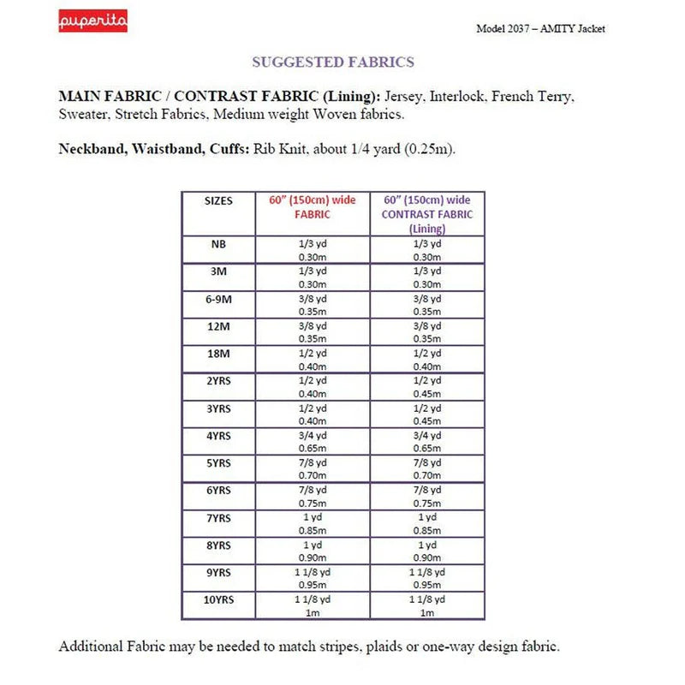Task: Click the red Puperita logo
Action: tap(93, 21)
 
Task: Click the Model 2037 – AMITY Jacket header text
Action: tap(540, 28)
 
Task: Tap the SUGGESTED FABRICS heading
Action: tap(333, 62)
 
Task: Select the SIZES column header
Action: tap(218, 200)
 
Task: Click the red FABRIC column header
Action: tap(312, 207)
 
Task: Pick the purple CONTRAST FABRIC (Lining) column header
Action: tap(427, 214)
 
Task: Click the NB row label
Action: tap(218, 244)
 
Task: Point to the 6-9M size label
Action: tap(218, 299)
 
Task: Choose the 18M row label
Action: tap(218, 353)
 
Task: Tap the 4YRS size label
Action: tap(218, 435)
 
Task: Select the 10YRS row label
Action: tap(218, 599)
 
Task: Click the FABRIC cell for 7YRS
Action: tap(312, 524)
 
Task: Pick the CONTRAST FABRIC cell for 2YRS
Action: tap(427, 387)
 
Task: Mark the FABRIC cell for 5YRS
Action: tap(312, 469)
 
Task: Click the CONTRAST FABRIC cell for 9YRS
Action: tap(427, 579)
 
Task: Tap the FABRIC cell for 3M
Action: tap(312, 277)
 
